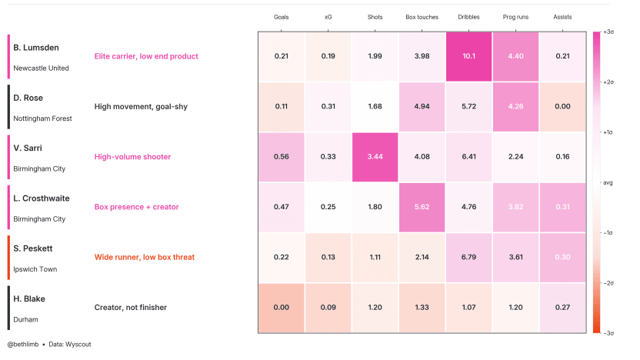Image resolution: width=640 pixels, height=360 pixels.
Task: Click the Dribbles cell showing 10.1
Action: (468, 56)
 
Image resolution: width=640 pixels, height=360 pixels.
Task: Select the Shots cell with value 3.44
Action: (375, 157)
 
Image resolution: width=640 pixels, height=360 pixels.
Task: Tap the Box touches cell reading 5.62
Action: (422, 207)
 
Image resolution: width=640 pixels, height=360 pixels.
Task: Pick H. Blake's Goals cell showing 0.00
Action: (281, 308)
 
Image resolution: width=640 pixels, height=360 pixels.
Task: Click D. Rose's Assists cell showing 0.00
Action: (562, 106)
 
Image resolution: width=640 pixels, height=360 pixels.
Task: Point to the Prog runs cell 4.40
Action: (515, 56)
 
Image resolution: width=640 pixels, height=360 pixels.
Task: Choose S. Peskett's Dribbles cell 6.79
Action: (468, 258)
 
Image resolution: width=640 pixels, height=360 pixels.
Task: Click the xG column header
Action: (328, 17)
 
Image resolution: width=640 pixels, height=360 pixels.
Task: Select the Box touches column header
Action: (422, 17)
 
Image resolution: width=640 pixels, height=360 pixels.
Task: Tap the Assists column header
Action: (562, 17)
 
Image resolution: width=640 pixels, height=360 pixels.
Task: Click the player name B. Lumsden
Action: (36, 48)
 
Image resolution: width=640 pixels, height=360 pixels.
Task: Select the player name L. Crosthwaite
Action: (42, 198)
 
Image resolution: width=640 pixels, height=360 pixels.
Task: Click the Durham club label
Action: (25, 319)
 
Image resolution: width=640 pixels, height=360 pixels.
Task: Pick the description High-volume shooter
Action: (132, 157)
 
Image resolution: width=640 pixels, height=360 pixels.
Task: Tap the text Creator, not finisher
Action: (130, 308)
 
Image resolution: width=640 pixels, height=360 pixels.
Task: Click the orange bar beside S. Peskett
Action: (8, 258)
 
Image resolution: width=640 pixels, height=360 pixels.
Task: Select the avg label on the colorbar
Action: (608, 183)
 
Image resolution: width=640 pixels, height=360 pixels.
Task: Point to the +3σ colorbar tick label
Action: (608, 32)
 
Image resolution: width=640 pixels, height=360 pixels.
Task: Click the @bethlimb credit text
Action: (23, 344)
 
